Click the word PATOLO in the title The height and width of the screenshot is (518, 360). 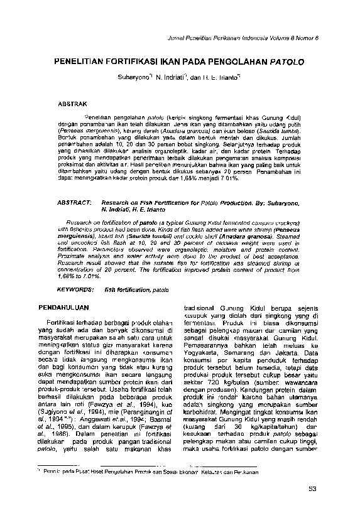pyautogui.click(x=288, y=63)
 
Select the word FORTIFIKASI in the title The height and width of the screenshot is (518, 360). pyautogui.click(x=124, y=63)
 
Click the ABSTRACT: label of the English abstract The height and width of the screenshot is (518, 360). pyautogui.click(x=75, y=205)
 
